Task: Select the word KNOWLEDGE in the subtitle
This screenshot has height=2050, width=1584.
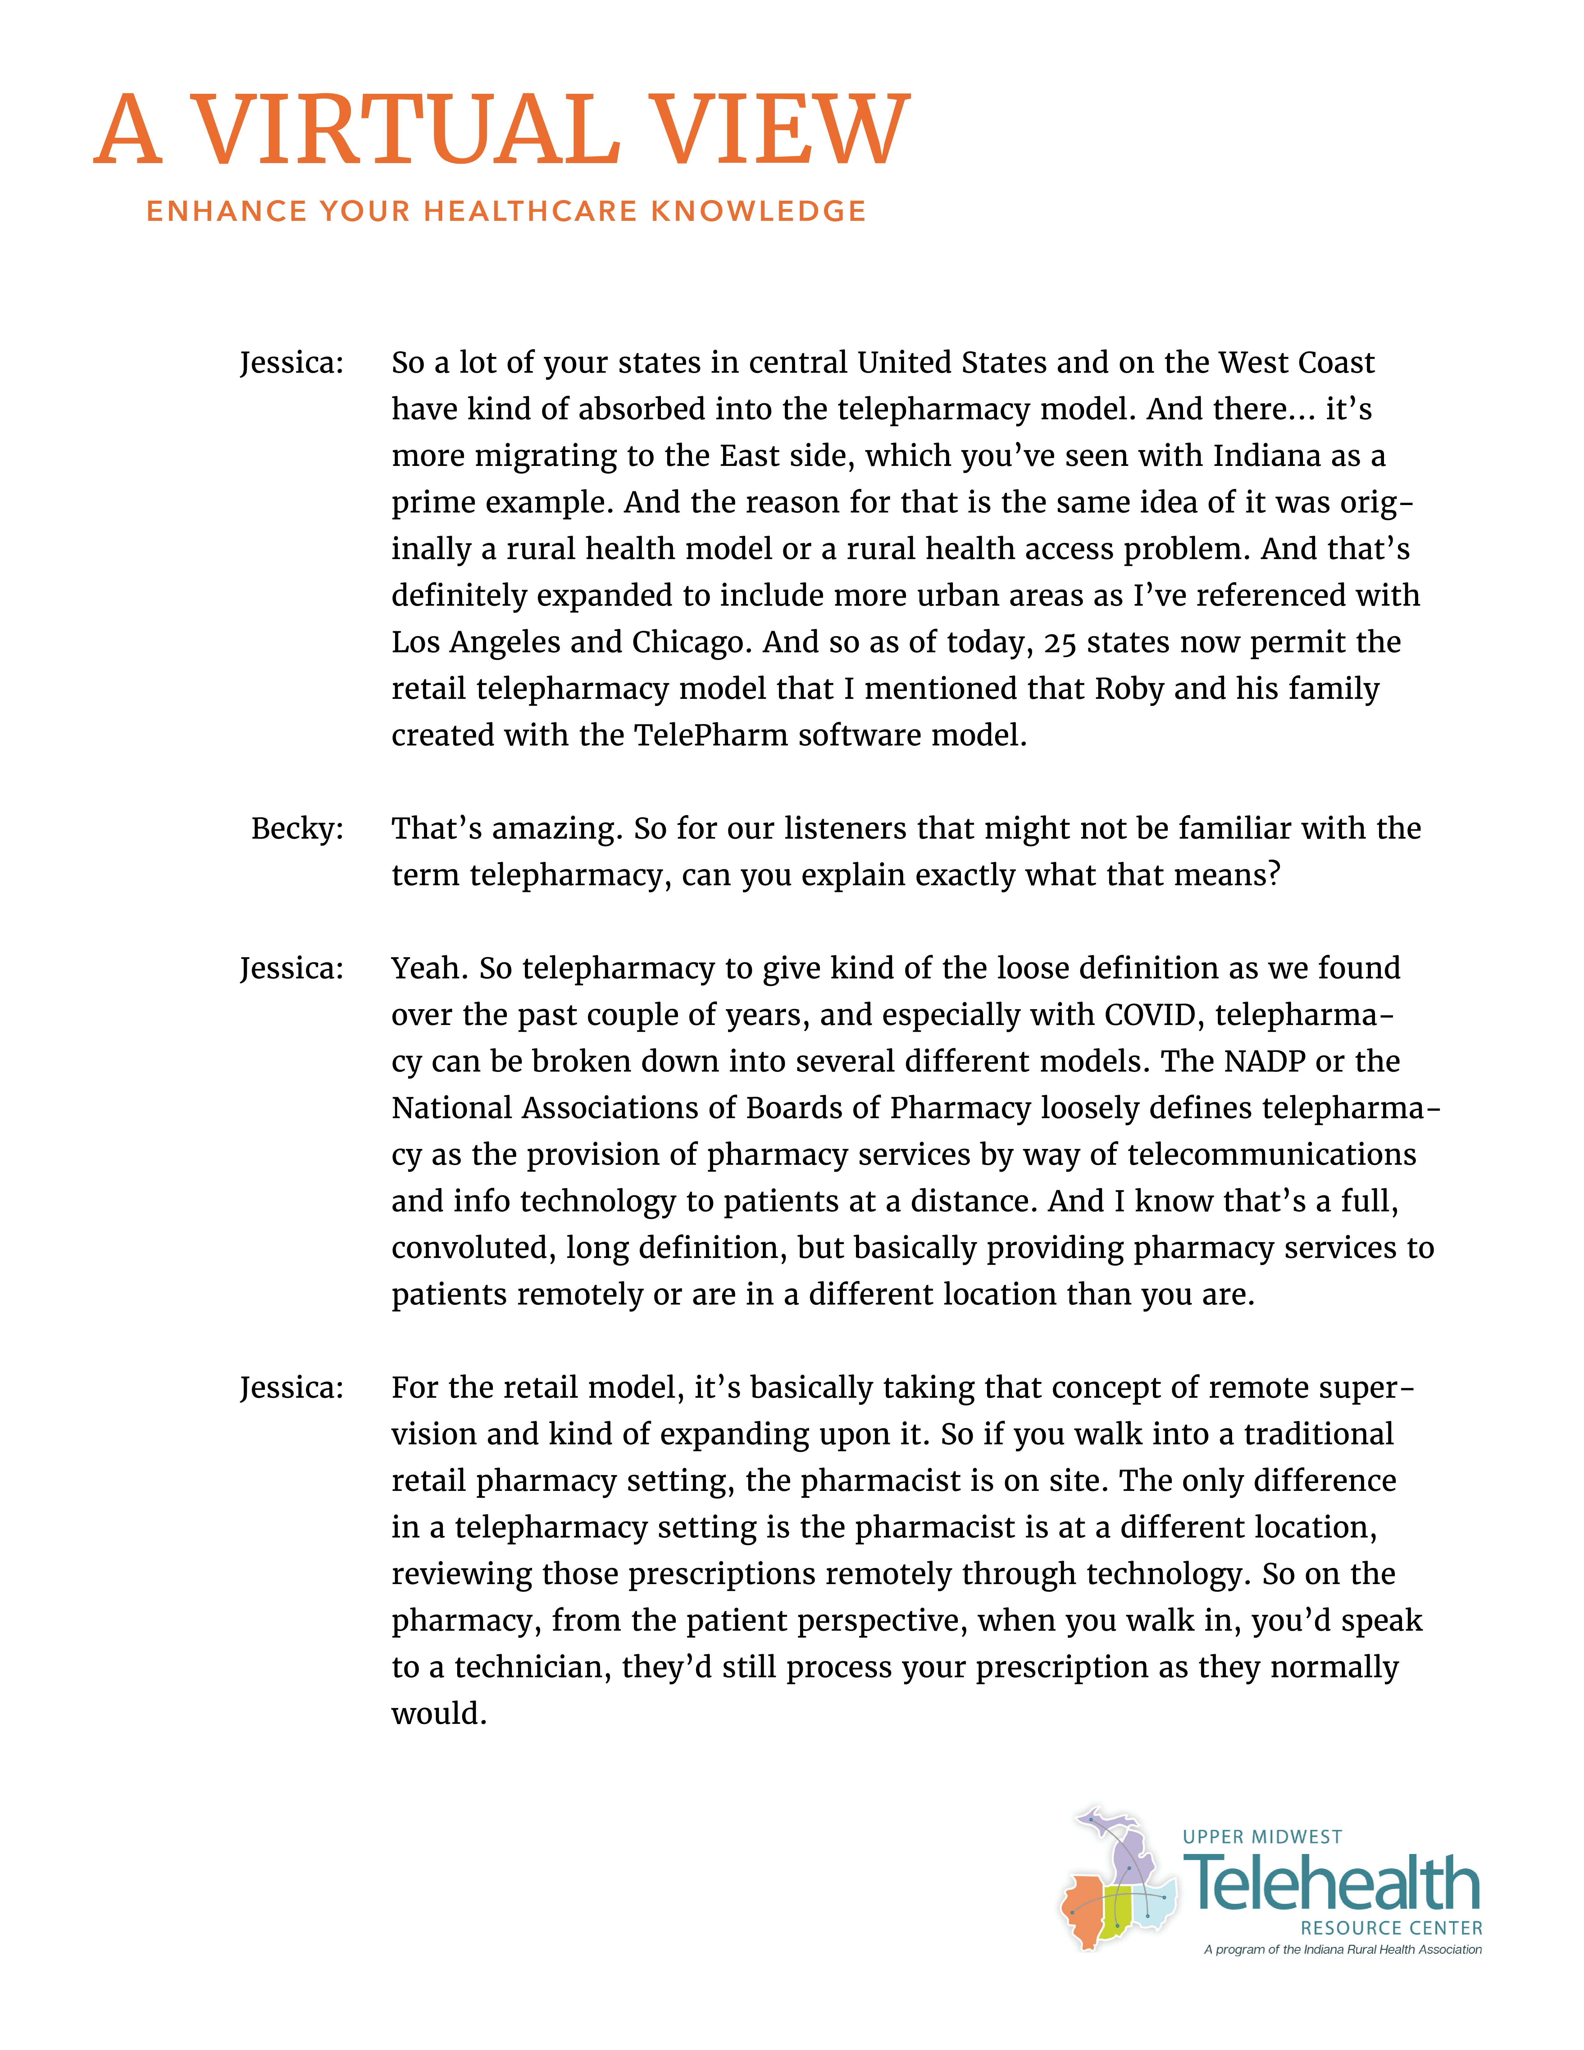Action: pos(758,211)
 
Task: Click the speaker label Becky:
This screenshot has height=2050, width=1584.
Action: pos(297,828)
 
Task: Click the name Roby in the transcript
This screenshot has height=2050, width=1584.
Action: pos(1129,689)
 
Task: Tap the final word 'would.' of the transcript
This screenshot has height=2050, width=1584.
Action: pos(438,1714)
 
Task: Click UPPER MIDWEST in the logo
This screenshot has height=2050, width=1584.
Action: pos(1262,1837)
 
